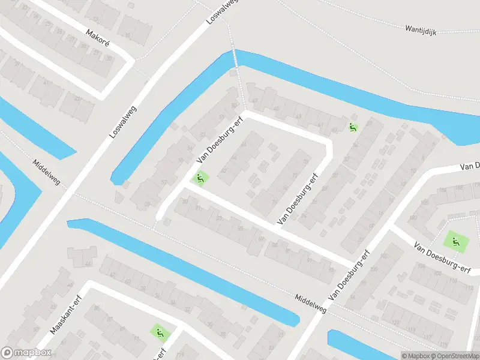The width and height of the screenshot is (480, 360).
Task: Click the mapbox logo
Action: [25, 353]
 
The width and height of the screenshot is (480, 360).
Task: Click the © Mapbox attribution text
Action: [415, 356]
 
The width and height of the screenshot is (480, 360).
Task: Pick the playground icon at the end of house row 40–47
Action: [352, 127]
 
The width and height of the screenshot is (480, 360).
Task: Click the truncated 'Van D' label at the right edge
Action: [470, 166]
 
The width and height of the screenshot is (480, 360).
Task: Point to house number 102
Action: [413, 218]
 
